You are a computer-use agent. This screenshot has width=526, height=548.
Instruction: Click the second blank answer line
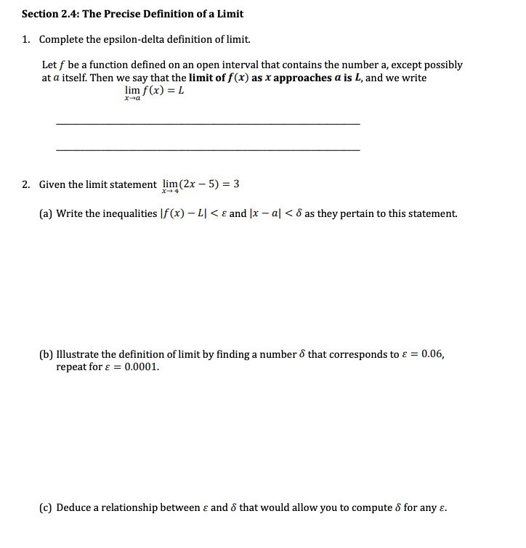click(207, 150)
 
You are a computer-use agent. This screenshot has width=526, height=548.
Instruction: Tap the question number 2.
click(25, 184)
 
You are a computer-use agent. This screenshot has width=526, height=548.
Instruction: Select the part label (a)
click(46, 213)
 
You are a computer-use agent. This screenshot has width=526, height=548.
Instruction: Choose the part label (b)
click(46, 354)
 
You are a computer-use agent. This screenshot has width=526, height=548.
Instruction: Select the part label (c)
click(46, 507)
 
